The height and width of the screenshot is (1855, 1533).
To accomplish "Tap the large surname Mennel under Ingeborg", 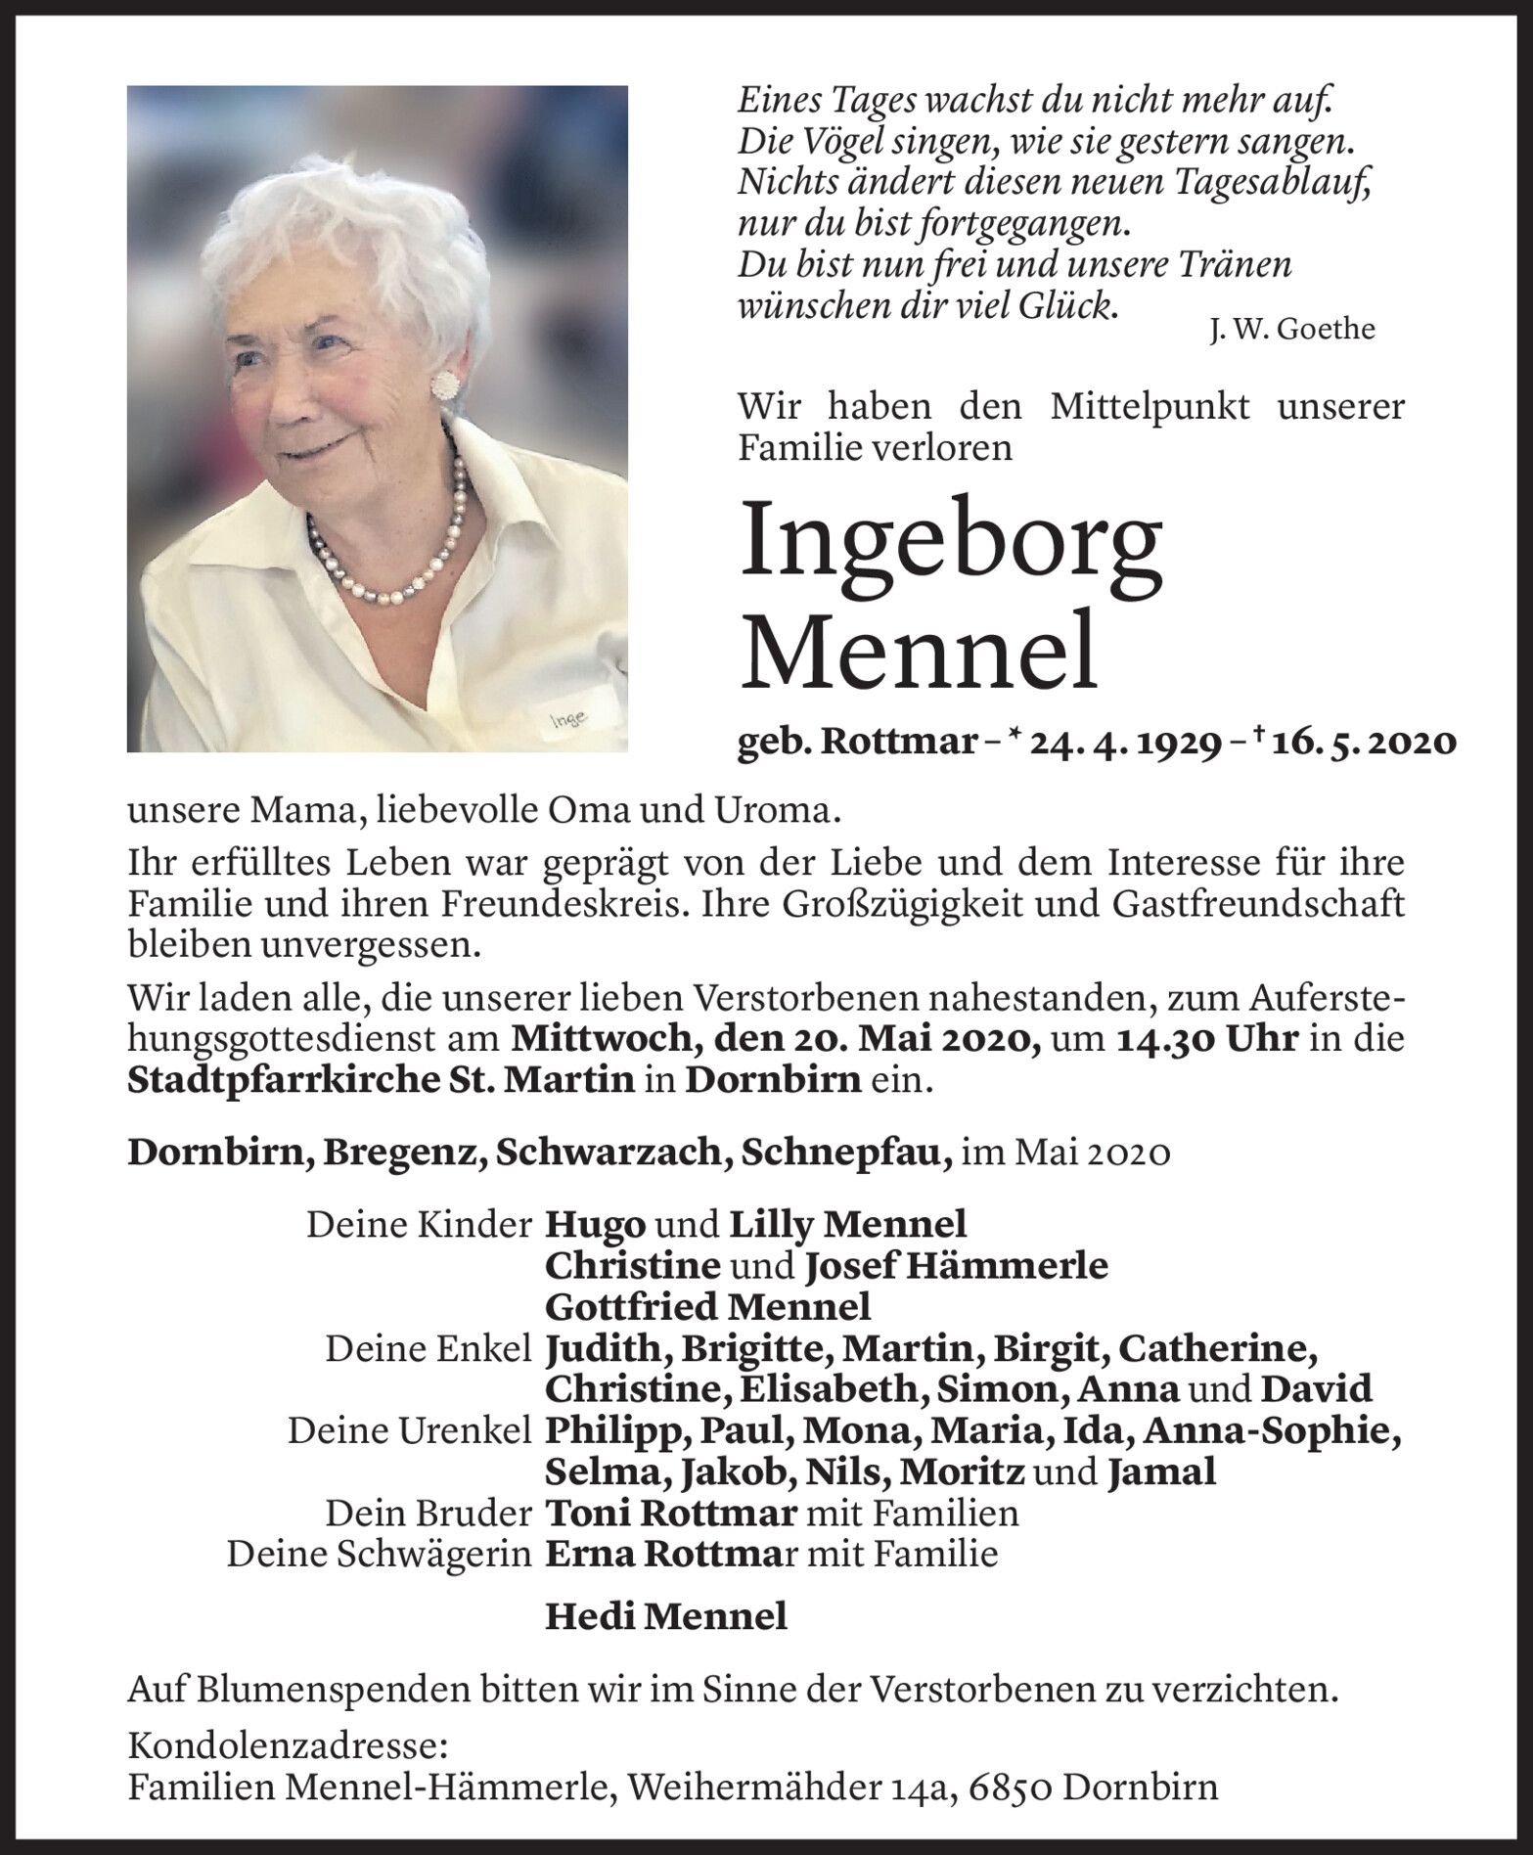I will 919,650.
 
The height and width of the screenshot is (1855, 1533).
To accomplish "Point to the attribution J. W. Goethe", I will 1291,330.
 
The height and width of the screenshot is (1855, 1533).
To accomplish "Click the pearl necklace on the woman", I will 391,567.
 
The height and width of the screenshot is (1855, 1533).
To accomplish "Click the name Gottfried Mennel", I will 707,1306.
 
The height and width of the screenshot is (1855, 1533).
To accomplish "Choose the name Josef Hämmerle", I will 956,1265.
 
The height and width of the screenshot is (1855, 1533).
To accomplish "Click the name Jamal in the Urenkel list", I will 1161,1471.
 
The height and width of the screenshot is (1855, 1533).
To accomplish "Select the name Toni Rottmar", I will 670,1513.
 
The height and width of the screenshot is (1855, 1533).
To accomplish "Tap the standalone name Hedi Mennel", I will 665,1616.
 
